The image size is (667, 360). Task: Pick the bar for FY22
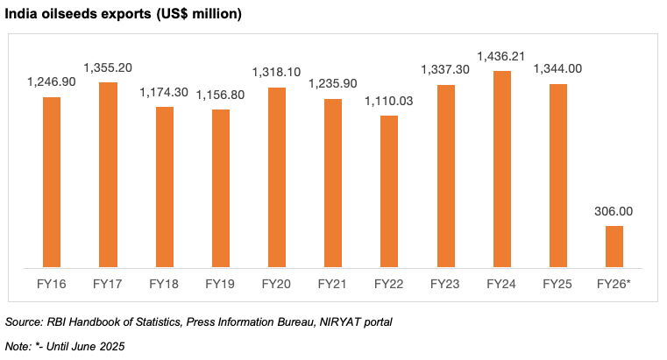390,190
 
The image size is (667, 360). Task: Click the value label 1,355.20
108,67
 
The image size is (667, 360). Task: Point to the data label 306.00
614,211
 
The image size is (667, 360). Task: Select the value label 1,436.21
503,55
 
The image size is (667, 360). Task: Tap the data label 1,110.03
390,101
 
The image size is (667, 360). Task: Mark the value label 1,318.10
277,73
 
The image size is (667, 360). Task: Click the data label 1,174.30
165,92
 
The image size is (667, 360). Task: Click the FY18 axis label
165,284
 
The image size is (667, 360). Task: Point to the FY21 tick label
334,284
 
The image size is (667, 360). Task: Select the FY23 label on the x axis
446,284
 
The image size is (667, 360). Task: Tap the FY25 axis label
558,284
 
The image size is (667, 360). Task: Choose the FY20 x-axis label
277,284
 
